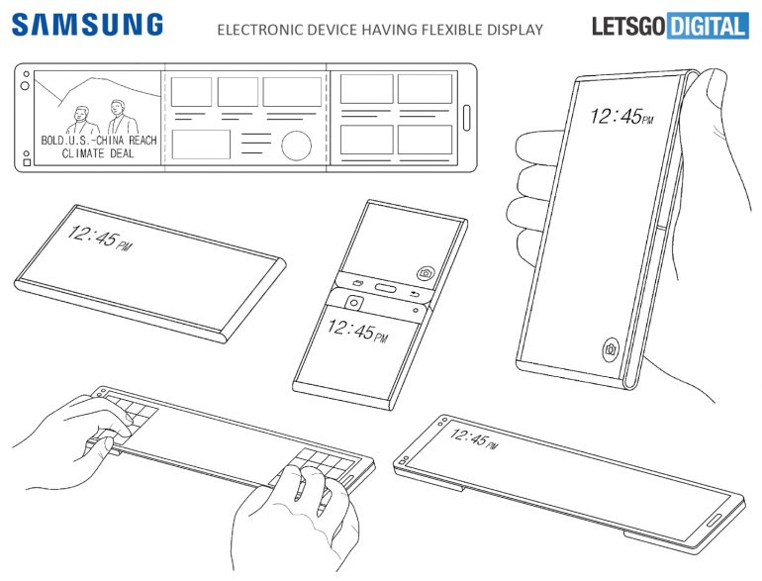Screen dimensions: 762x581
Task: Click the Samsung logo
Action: click(87, 25)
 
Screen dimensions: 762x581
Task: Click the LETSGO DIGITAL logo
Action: click(670, 26)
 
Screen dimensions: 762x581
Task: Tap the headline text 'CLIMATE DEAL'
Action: click(98, 153)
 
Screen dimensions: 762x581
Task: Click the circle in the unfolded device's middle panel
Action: click(296, 145)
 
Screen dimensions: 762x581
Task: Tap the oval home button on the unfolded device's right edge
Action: click(466, 118)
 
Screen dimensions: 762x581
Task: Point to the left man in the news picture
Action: click(81, 121)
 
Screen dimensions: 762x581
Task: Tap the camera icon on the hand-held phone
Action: click(611, 349)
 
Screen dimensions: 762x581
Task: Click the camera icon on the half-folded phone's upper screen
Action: click(426, 273)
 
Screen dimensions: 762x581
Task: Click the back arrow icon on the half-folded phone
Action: click(415, 294)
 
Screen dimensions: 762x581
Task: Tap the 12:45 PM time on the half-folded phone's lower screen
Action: click(357, 332)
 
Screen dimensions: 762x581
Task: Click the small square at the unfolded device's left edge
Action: click(27, 162)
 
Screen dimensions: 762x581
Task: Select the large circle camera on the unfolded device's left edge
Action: click(25, 85)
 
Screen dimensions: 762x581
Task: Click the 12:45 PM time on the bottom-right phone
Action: click(473, 438)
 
